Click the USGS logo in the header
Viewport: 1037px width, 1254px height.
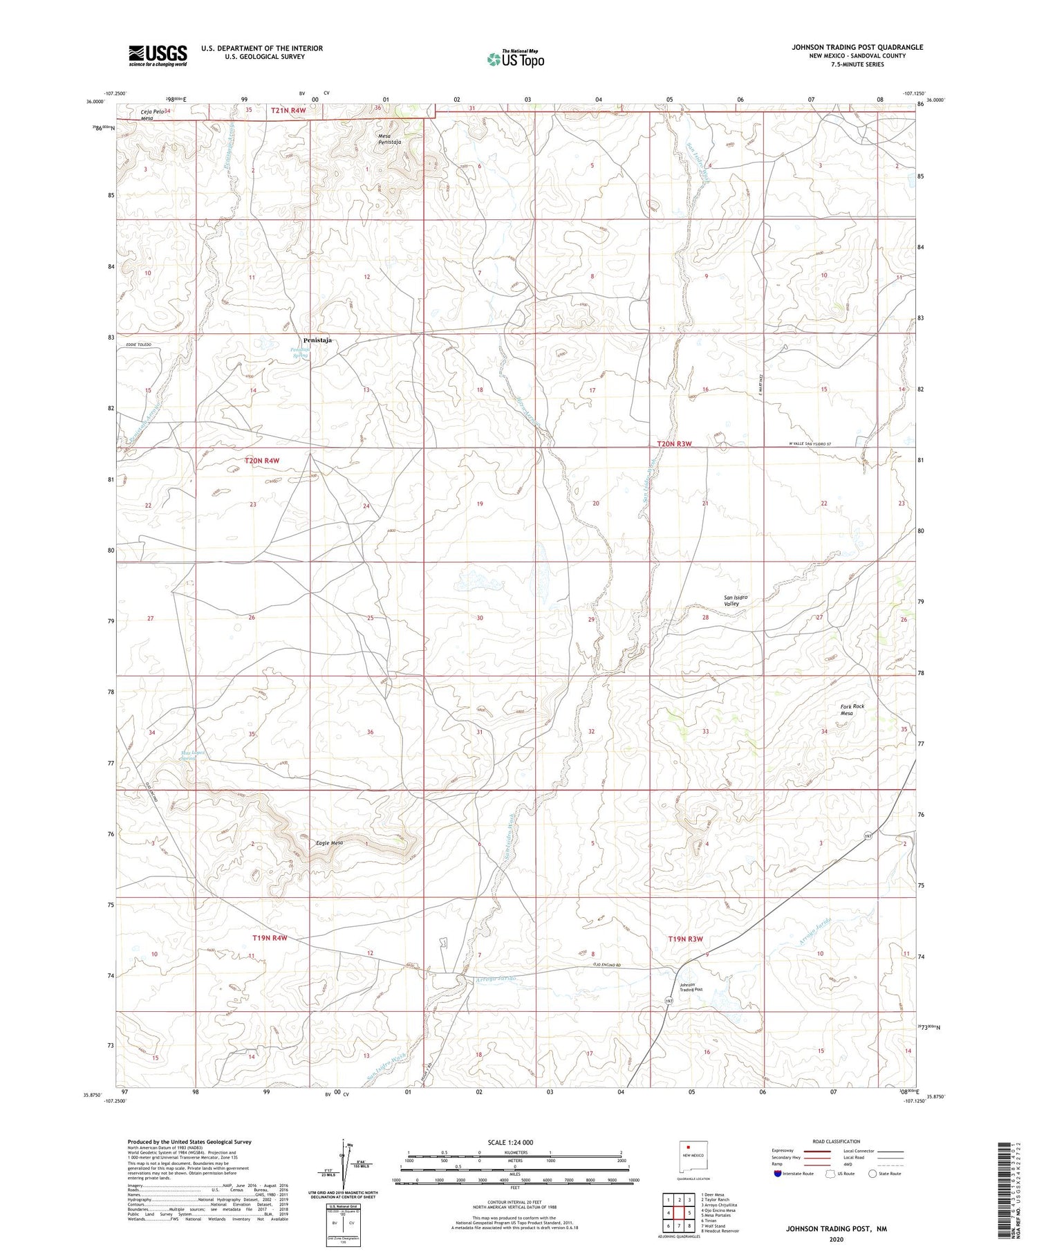click(x=158, y=55)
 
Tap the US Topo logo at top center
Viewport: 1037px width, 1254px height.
click(x=515, y=59)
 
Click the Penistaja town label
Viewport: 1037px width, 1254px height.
click(x=317, y=340)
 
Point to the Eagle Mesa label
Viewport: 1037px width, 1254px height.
click(x=329, y=842)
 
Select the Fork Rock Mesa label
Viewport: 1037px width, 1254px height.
click(x=852, y=710)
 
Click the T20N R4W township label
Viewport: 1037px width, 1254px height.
click(x=262, y=460)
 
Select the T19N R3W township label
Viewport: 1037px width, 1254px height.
click(x=685, y=939)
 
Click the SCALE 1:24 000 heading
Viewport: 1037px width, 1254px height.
click(x=510, y=1142)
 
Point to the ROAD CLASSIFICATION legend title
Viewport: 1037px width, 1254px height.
click(x=837, y=1141)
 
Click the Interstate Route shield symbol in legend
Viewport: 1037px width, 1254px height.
click(x=778, y=1174)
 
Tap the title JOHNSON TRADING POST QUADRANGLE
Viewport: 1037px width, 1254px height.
click(x=857, y=47)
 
